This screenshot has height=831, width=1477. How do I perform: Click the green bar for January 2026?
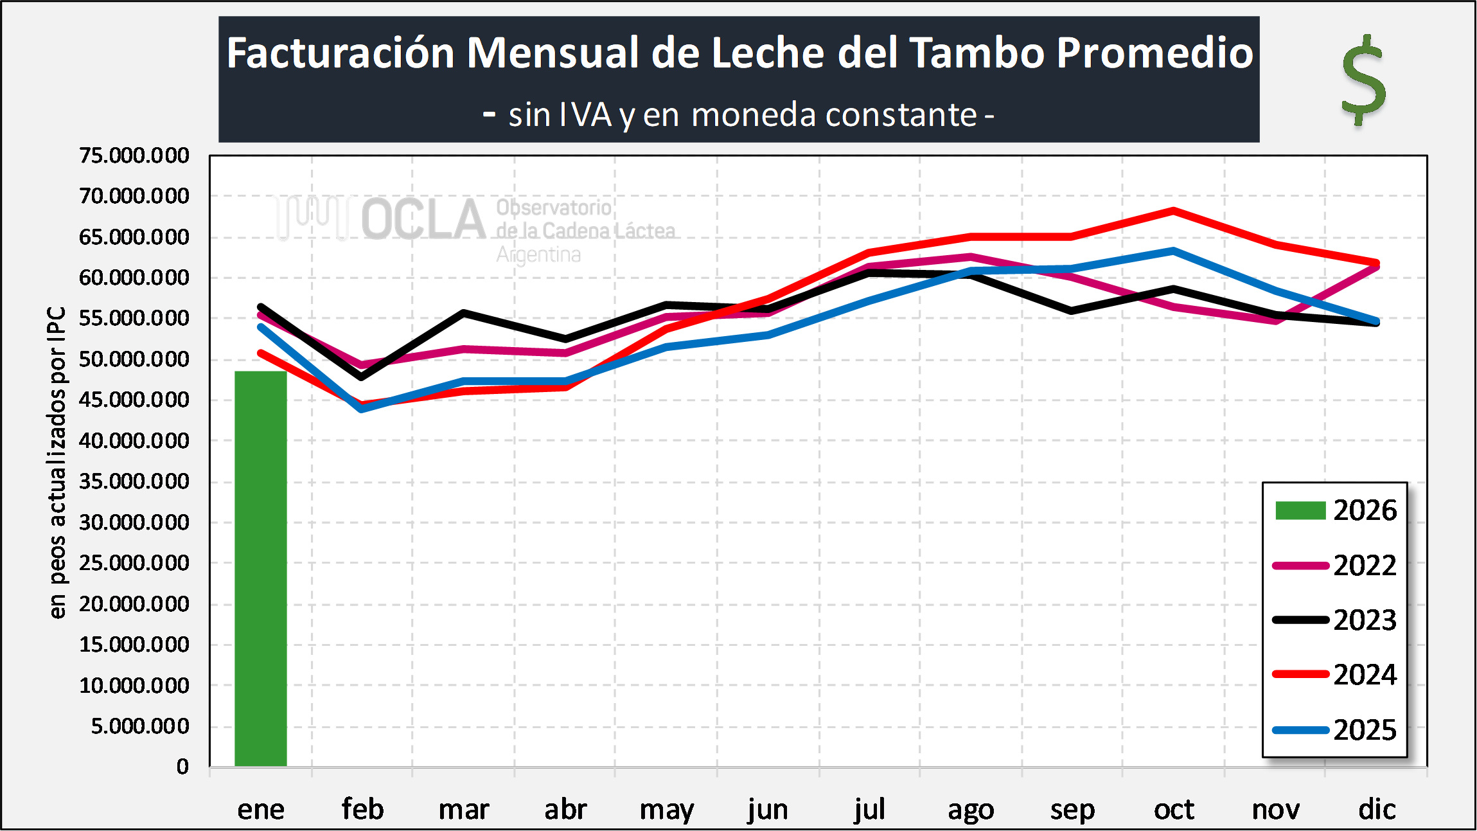pos(260,569)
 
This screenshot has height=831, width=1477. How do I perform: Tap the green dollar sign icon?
pos(1363,80)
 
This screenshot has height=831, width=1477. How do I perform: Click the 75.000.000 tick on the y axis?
pos(134,156)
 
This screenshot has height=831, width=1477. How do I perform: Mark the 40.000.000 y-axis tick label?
pos(134,441)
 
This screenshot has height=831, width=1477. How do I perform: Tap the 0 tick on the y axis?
pos(182,767)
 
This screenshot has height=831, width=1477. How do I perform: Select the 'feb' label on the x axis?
pos(362,809)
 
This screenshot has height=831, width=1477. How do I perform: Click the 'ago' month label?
pos(971,809)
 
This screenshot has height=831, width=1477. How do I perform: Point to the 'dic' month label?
pos(1377,809)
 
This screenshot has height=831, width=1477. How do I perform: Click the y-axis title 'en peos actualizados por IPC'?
pos(57,463)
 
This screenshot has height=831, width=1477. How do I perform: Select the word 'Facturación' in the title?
pos(341,53)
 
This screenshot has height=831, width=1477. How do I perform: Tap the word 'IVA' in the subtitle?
pos(585,116)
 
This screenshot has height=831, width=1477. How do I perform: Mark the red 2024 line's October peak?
pos(1174,211)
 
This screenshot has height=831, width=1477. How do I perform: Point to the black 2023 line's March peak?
pos(464,313)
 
